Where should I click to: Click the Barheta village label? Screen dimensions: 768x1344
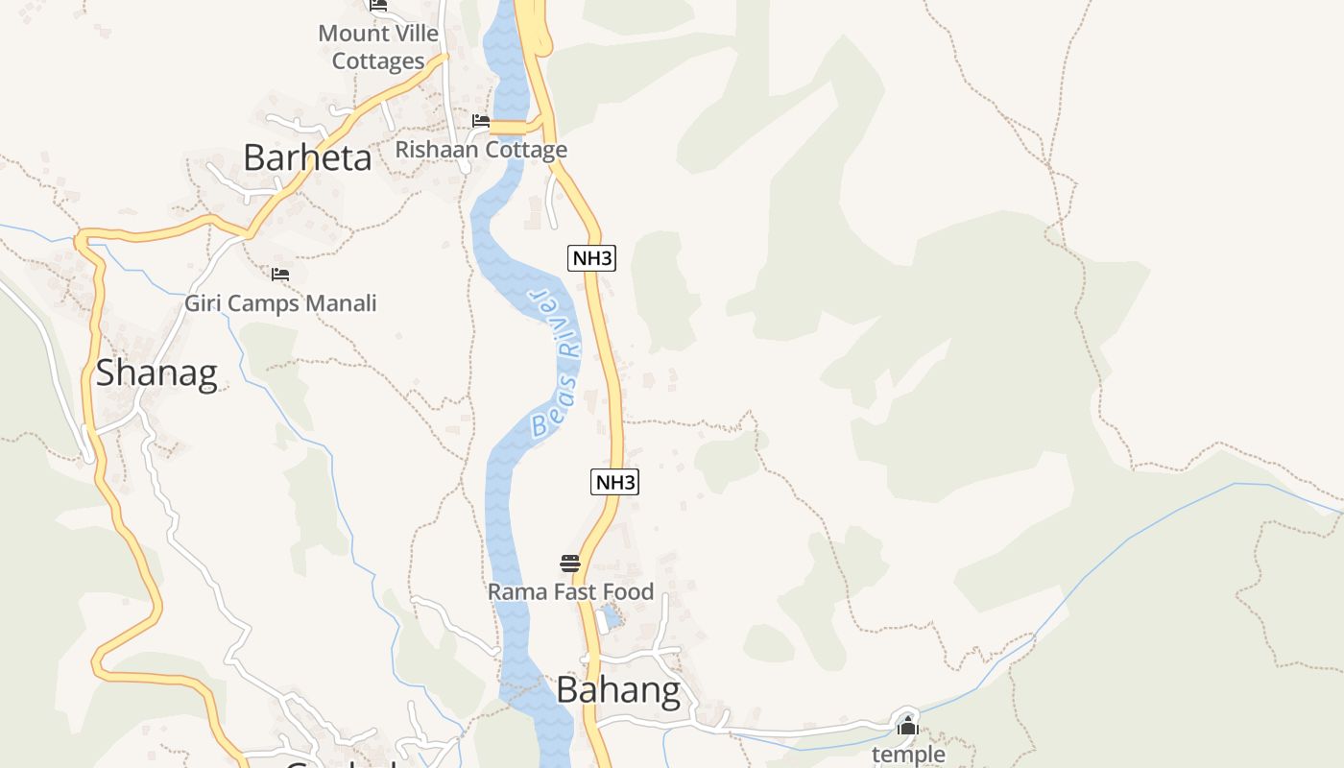pos(307,157)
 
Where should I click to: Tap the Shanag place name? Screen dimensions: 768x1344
pos(156,372)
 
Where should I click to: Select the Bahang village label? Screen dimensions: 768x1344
pos(618,689)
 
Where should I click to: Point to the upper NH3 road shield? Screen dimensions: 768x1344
pos(591,258)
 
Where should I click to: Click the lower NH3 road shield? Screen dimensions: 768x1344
pos(614,482)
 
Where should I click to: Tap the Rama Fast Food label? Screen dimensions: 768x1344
pos(570,591)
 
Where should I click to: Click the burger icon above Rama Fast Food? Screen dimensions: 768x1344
pos(570,563)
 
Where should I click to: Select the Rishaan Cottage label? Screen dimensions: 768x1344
pos(481,150)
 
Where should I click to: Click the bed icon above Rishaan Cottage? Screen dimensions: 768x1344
pos(481,121)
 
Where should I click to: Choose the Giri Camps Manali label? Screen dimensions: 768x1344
pos(280,303)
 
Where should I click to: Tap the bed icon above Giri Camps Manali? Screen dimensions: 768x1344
pos(280,275)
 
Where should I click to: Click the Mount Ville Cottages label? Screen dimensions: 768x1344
pos(378,47)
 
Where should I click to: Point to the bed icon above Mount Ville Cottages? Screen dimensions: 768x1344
pos(378,5)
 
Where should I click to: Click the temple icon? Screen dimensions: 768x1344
pos(907,727)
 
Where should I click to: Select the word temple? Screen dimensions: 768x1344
pos(907,755)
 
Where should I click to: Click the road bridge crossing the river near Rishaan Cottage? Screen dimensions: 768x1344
pos(509,128)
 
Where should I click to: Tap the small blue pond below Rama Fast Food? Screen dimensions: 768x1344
pos(611,615)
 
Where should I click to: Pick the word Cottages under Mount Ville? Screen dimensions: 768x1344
pos(378,61)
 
